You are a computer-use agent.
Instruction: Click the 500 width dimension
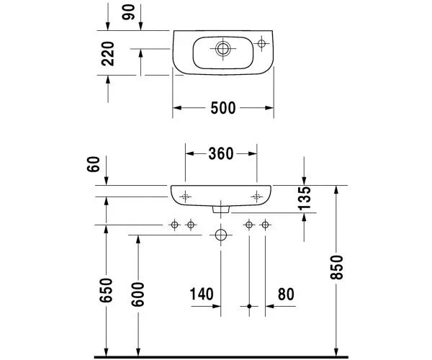222,109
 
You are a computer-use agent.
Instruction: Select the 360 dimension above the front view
221,153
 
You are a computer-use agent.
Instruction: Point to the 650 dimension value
107,290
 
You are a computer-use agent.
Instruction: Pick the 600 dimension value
139,290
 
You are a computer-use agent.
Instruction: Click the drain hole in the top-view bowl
222,49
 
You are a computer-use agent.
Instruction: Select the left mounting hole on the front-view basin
185,196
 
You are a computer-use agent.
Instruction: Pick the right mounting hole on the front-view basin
257,196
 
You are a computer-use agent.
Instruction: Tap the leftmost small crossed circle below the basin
174,225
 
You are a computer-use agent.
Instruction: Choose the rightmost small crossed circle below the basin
265,225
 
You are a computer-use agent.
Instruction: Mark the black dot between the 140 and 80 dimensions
249,306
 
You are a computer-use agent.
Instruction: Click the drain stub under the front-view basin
221,210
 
